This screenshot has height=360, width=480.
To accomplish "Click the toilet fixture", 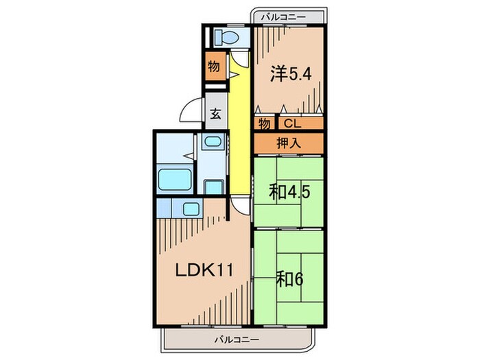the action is (226, 37).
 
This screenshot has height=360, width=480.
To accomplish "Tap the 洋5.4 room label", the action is (291, 74).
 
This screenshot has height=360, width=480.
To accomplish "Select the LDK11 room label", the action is (204, 270).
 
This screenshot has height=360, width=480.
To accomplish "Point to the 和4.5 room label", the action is (289, 193).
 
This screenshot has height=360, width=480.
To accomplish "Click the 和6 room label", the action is (289, 279).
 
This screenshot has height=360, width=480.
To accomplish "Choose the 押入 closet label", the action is (289, 143).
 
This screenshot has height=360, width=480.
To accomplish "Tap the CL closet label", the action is (293, 123).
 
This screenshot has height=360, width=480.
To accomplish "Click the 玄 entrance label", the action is (216, 115).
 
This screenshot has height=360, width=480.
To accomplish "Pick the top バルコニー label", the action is (283, 17).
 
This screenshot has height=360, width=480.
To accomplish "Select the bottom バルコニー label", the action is (237, 339).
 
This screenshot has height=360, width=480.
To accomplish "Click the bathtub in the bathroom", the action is (175, 179).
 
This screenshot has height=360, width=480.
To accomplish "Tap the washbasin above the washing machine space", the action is (213, 142).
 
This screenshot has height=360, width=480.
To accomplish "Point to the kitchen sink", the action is (191, 209).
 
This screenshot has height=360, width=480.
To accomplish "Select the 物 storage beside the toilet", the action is (214, 66).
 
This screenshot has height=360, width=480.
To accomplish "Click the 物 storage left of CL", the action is (265, 123).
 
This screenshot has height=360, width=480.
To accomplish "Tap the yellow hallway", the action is (239, 129).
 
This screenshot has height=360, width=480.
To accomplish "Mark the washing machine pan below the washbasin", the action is (213, 187).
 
